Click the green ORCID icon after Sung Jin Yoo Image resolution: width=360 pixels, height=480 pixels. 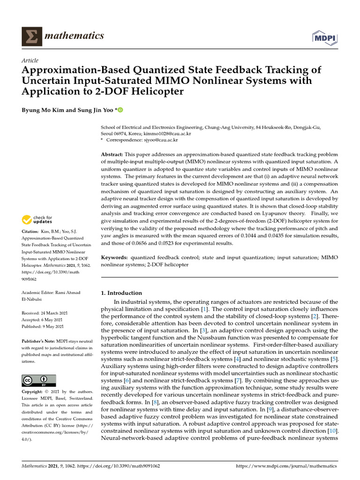pyautogui.click(x=120, y=111)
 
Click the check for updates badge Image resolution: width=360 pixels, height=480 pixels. pyautogui.click(x=40, y=219)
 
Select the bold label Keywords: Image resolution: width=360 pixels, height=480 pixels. pyautogui.click(x=114, y=258)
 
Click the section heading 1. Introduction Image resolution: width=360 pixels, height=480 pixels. pyautogui.click(x=121, y=293)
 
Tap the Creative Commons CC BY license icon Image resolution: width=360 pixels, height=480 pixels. pyautogui.click(x=39, y=380)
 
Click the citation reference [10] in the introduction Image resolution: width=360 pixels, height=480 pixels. pyautogui.click(x=331, y=431)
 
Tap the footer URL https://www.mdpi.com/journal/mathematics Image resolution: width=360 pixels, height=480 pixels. pyautogui.click(x=287, y=466)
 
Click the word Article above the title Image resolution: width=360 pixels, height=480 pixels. pyautogui.click(x=30, y=60)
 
